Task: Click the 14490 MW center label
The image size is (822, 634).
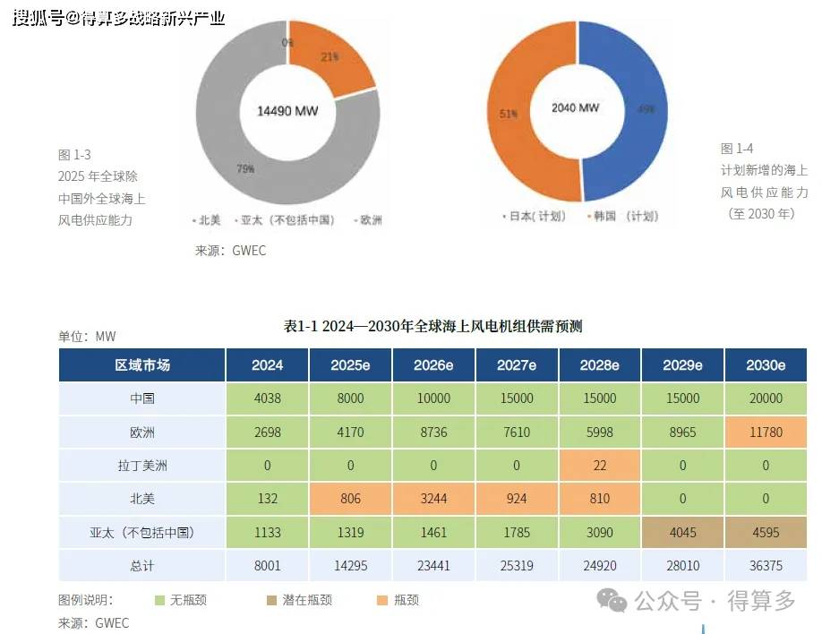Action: click(x=287, y=110)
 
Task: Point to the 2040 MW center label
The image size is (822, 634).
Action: click(x=575, y=107)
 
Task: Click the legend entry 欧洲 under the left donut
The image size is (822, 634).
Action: click(x=368, y=220)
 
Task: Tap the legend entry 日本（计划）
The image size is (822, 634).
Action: click(x=534, y=217)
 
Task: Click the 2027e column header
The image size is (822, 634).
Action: click(x=517, y=365)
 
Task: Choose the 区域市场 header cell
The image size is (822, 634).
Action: click(x=142, y=365)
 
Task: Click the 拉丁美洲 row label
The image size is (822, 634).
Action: click(x=142, y=466)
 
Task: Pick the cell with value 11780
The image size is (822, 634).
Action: click(x=766, y=433)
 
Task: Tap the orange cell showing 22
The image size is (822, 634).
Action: click(x=599, y=466)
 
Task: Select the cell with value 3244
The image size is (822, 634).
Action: click(x=433, y=499)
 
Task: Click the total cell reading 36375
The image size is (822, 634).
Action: click(x=766, y=566)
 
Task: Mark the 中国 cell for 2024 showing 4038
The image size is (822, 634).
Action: click(x=267, y=398)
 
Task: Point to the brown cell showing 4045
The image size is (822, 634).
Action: click(x=682, y=533)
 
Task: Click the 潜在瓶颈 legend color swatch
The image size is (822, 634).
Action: click(x=270, y=600)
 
